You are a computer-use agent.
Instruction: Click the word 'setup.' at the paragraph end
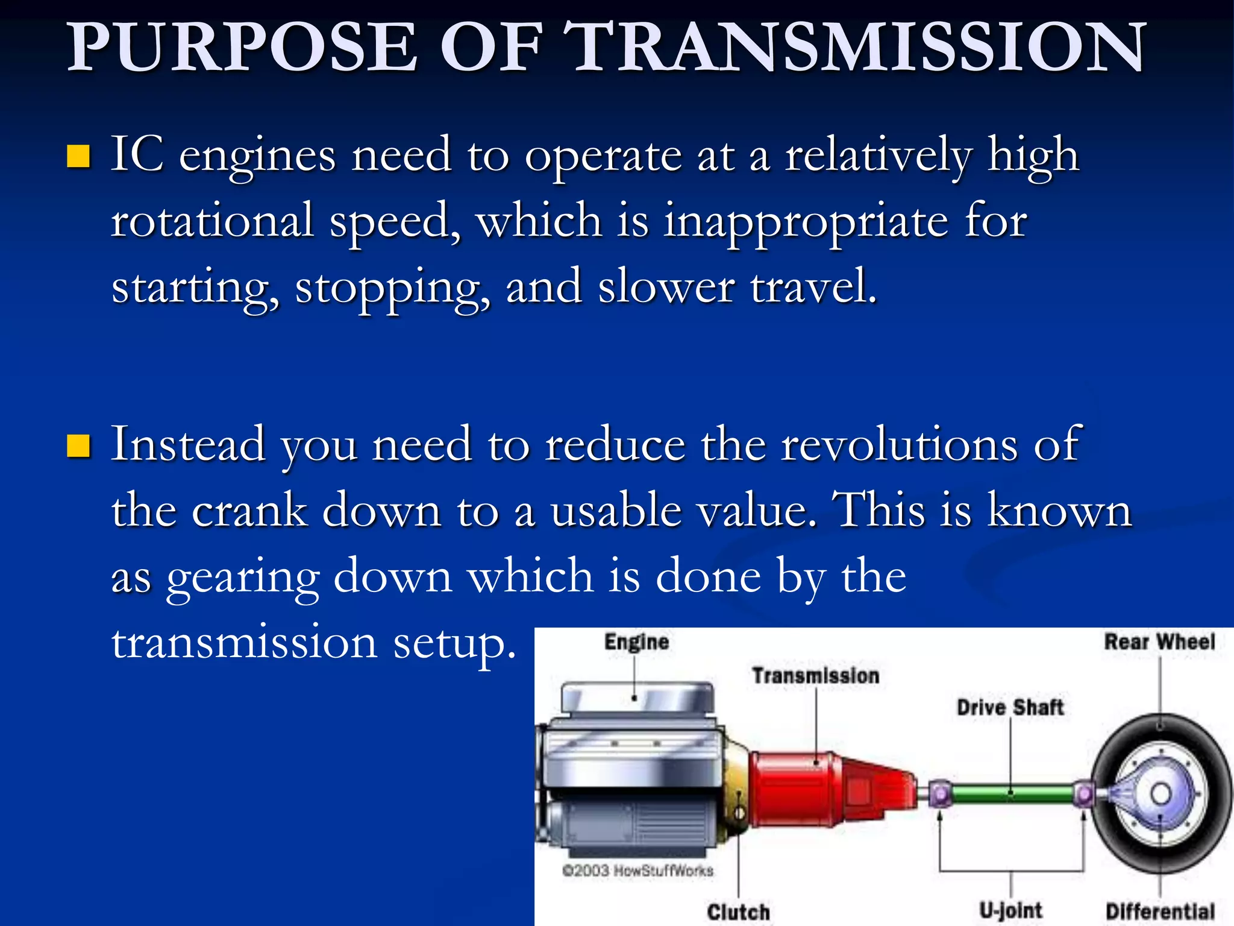[x=455, y=644]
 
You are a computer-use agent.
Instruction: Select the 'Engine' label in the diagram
[x=636, y=642]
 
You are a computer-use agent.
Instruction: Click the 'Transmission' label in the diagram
[x=815, y=676]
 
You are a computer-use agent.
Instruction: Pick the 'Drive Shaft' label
[x=1010, y=707]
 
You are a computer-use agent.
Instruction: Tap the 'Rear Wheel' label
[x=1159, y=642]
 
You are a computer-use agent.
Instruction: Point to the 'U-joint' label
[x=1010, y=910]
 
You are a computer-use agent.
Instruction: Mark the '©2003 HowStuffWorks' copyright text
[x=637, y=871]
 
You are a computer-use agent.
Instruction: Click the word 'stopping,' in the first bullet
[x=392, y=288]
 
